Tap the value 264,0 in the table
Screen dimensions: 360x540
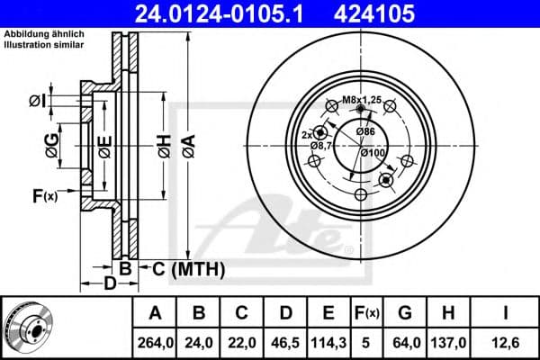point(155,342)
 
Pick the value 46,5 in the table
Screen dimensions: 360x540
point(285,342)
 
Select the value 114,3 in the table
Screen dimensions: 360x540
point(329,342)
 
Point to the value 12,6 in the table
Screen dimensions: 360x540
point(507,342)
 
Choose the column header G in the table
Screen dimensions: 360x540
point(406,314)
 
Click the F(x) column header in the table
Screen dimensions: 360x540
point(366,314)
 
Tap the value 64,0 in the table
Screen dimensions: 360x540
point(406,342)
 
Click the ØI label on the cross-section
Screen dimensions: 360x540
point(37,99)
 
